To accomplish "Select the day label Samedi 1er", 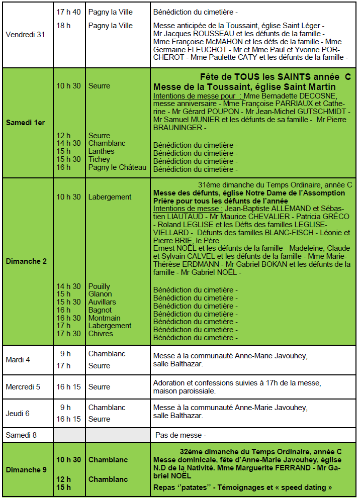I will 26,123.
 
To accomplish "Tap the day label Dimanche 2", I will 26,261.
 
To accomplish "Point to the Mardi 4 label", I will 18,360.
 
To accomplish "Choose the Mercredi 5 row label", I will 23,387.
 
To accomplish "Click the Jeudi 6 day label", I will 18,414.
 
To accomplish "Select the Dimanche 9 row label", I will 26,470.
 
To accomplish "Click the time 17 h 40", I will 68,12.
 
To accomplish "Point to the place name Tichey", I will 99,159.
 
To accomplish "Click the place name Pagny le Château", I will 118,167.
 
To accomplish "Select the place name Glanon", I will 100,294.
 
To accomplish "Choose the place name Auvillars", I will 102,302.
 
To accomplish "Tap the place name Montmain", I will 105,318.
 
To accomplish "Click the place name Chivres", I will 101,334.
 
